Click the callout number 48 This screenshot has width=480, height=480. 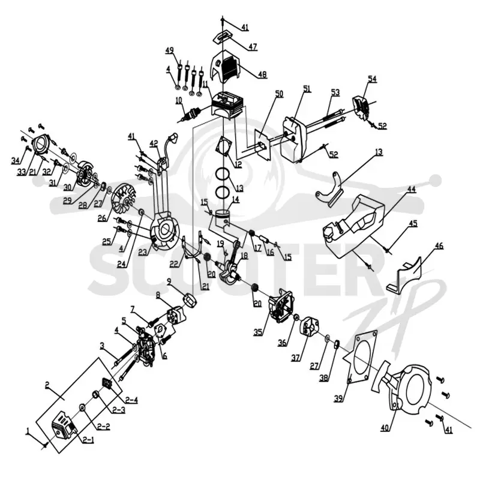262,74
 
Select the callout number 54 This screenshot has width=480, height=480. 372,79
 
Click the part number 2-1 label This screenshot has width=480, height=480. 88,440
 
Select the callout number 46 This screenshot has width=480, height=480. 439,246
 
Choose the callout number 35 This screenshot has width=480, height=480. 258,332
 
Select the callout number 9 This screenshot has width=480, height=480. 169,281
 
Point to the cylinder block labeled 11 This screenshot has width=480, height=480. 227,106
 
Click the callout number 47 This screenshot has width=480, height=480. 253,47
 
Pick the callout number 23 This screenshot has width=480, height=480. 143,252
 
